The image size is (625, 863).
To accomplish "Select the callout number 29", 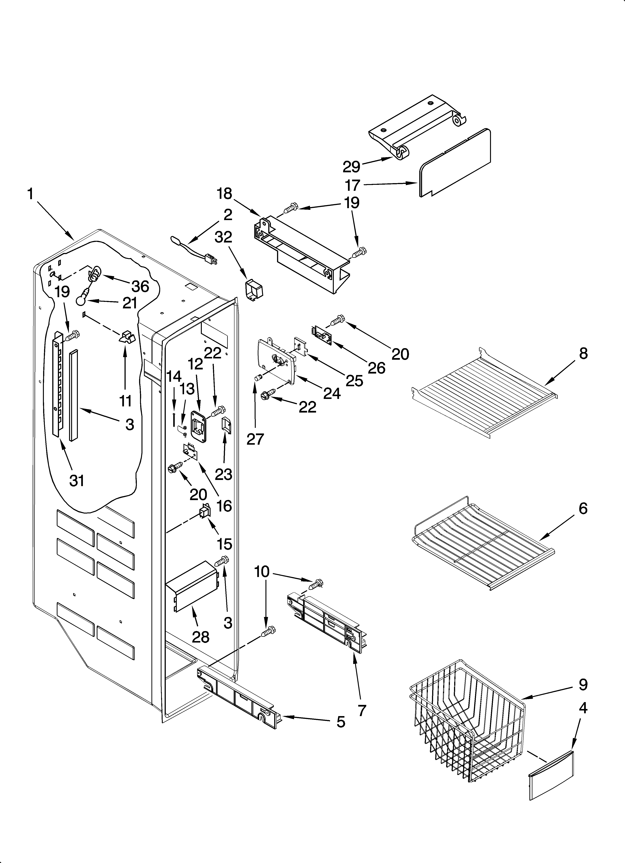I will (x=351, y=167).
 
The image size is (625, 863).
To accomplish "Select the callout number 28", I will (x=201, y=637).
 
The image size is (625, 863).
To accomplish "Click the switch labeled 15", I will (x=204, y=512).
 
